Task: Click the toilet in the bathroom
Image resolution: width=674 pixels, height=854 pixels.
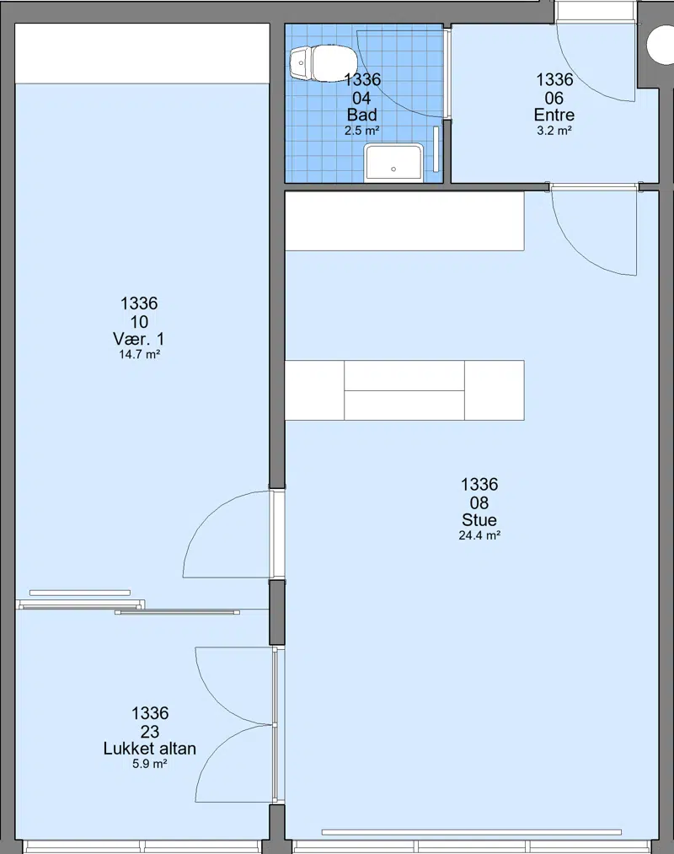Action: coord(323,62)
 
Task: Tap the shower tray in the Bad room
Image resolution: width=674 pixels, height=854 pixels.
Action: coord(393,163)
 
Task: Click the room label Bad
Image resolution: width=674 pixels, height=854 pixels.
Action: coord(362,115)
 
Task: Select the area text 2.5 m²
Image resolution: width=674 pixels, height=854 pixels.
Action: coord(362,131)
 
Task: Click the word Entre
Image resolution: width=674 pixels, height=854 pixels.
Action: coord(554,115)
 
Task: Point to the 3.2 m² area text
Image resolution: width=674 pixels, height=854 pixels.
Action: coord(554,131)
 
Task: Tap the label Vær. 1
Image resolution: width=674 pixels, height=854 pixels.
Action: coord(139,339)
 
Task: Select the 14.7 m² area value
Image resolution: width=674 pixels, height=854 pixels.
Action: coord(139,355)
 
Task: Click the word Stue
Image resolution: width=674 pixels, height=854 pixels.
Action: coord(479,519)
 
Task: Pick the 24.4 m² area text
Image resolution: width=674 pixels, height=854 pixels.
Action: coord(479,535)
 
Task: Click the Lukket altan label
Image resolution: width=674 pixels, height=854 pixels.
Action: coord(150,749)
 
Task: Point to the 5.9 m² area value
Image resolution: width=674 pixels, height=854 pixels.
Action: coord(150,764)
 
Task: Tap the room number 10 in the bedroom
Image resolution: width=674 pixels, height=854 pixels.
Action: coord(139,321)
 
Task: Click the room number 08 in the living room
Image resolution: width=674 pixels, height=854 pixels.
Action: coord(479,502)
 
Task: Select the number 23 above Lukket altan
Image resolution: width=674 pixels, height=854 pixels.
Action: coord(150,731)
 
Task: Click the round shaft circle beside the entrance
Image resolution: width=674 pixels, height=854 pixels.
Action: coord(661,45)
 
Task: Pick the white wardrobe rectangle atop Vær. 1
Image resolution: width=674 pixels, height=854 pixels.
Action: coord(142,54)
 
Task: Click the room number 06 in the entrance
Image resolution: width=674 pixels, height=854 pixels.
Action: coord(554,98)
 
